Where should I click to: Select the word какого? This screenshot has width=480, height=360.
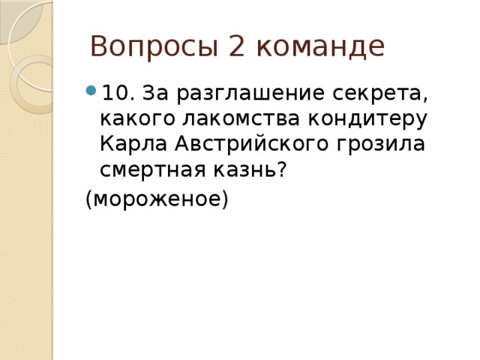click(130, 120)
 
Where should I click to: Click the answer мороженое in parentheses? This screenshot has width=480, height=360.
click(156, 199)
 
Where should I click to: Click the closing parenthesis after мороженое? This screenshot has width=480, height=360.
click(223, 200)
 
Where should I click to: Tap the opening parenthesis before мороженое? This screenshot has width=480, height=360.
click(88, 200)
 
